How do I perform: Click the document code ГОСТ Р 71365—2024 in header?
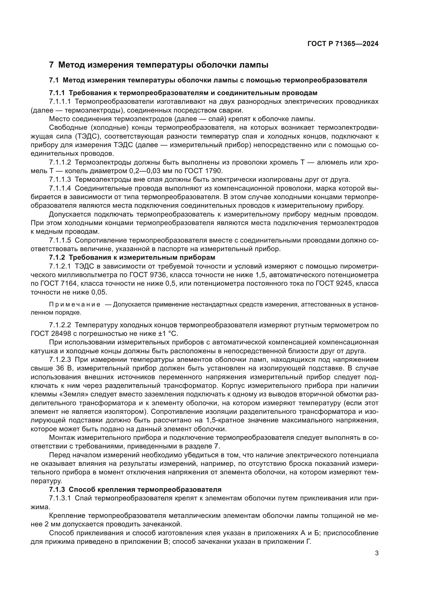click(343, 44)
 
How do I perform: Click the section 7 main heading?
click(159, 65)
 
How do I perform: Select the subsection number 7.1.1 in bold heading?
click(57, 93)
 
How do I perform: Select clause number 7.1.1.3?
click(60, 180)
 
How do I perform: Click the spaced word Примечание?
click(75, 305)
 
